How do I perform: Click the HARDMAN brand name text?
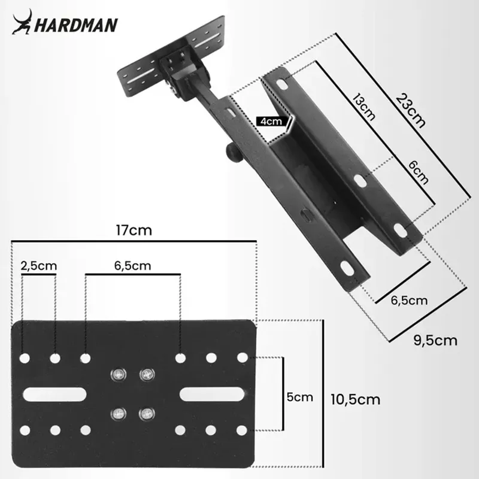(76, 25)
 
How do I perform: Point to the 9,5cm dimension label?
(435, 340)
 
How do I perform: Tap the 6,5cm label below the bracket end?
(410, 300)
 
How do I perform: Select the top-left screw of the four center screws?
(117, 375)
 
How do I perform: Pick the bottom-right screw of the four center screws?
(145, 413)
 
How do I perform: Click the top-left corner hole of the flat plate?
(25, 358)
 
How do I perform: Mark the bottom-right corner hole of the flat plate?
(242, 430)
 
